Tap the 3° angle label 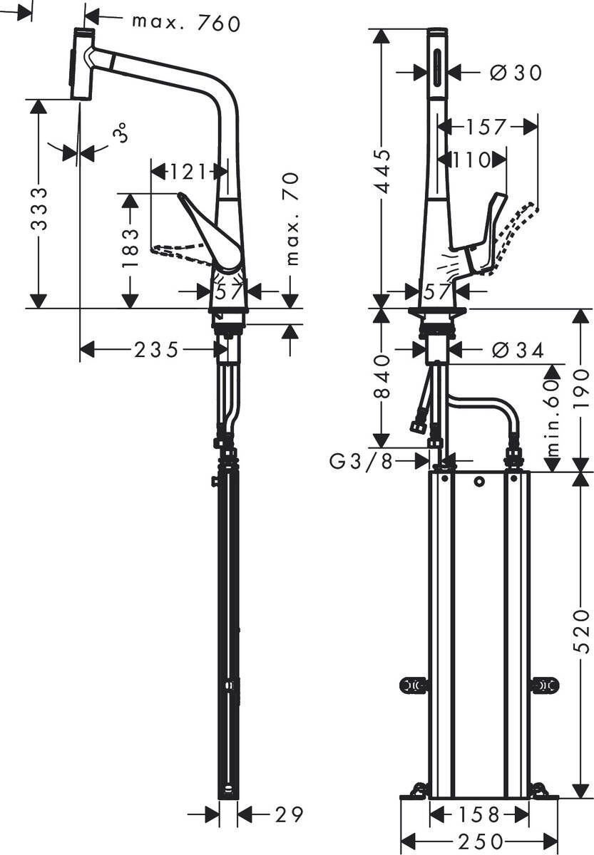(121, 133)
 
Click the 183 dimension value (129, 247)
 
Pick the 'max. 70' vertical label (292, 219)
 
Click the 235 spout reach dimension (156, 349)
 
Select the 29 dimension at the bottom (289, 814)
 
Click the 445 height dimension (383, 171)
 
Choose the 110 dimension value (472, 160)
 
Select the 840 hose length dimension (383, 375)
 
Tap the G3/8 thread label (361, 462)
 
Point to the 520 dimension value (583, 631)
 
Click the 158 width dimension (478, 814)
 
